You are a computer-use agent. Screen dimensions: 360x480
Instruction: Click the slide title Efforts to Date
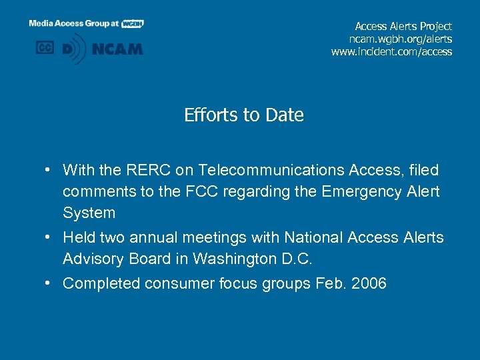point(243,115)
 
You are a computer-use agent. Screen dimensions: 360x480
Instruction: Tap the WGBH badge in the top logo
point(132,23)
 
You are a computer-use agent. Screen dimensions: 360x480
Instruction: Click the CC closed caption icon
point(45,48)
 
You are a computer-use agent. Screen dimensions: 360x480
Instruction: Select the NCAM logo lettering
point(117,49)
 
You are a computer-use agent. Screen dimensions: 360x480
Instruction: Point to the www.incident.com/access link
point(391,51)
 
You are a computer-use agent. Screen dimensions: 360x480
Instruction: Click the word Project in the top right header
point(433,26)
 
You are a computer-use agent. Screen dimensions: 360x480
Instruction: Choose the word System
point(89,213)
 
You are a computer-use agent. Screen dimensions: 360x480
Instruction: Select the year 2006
point(369,283)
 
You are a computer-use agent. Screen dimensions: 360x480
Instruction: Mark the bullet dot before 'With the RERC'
point(49,171)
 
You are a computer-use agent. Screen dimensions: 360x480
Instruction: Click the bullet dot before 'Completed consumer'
point(49,283)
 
